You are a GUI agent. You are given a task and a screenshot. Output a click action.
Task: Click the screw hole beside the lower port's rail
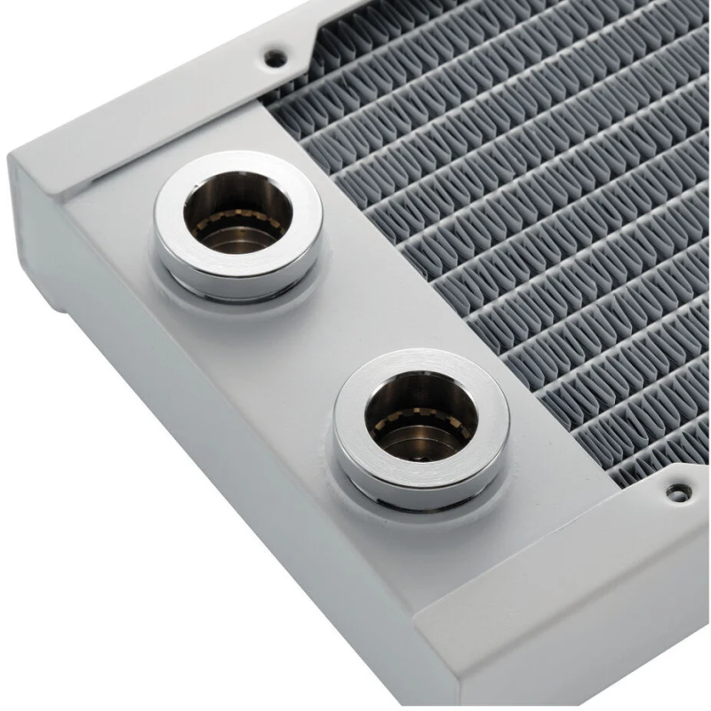[678, 489]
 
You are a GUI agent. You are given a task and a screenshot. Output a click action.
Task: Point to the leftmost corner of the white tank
[11, 160]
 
